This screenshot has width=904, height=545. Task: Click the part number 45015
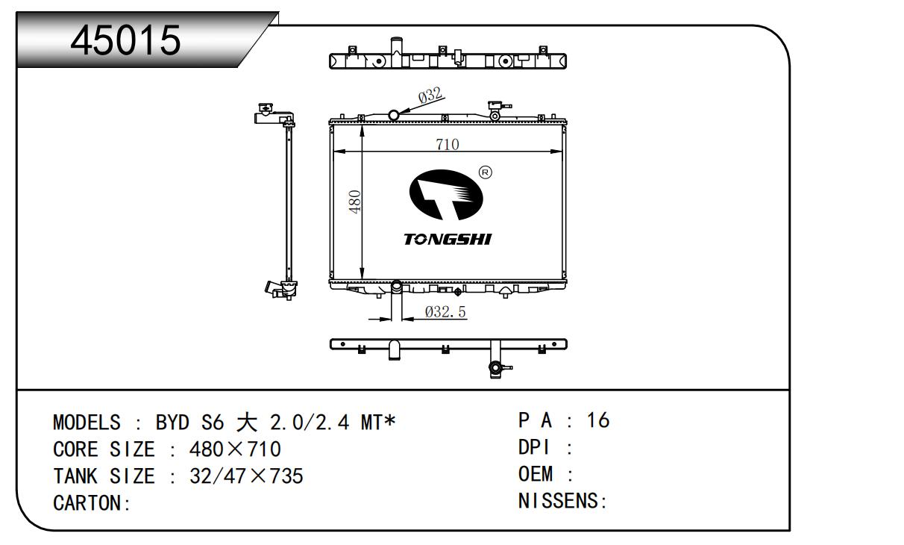(125, 40)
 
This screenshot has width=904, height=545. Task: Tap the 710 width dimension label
(448, 144)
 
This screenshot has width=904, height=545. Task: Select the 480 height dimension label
(355, 202)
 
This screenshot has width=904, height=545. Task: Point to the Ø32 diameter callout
(430, 96)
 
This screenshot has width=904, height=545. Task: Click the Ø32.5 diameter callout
(445, 311)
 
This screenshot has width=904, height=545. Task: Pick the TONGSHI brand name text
(448, 239)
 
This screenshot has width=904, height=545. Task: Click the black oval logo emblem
(446, 195)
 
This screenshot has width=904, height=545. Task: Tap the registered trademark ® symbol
(485, 172)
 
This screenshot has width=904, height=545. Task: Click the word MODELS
(87, 422)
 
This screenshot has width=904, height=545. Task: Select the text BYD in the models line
(172, 422)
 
